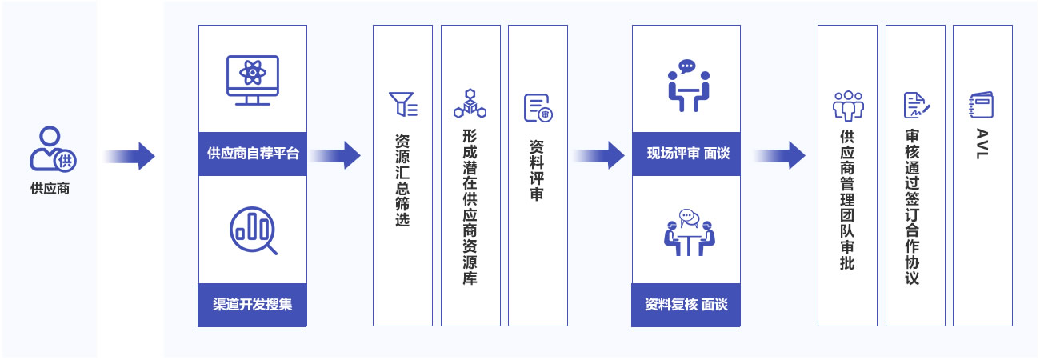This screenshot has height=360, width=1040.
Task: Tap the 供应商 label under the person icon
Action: (x=50, y=190)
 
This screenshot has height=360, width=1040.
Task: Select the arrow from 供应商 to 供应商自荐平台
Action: (x=129, y=155)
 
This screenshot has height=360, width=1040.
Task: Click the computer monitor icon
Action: (x=253, y=79)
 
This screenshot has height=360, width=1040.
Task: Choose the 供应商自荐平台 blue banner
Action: (x=253, y=154)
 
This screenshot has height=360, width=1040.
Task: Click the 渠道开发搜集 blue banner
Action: (x=253, y=305)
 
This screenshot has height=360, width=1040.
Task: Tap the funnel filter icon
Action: (x=402, y=105)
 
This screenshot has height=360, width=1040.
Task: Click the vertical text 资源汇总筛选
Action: (x=402, y=179)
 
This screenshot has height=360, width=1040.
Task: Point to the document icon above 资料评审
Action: (x=538, y=107)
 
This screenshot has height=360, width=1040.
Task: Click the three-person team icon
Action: (x=848, y=105)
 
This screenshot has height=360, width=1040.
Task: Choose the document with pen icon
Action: (x=915, y=105)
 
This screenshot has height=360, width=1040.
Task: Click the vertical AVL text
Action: (x=982, y=144)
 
